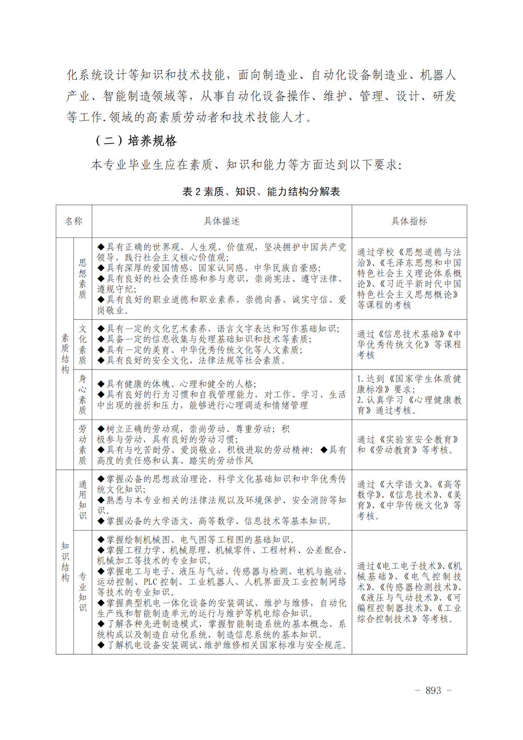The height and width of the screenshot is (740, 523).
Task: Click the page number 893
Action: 433,690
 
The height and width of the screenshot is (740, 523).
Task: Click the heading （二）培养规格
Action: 136,141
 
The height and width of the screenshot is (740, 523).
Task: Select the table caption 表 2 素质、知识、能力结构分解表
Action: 261,192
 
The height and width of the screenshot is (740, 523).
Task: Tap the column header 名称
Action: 74,221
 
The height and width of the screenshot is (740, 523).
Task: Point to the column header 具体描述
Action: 222,221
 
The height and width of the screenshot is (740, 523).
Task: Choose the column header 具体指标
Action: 409,221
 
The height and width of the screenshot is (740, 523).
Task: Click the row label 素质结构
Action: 65,354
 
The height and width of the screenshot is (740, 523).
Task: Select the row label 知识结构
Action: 65,562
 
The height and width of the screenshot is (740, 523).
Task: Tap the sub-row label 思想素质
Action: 83,278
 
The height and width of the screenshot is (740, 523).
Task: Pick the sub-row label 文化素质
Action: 83,344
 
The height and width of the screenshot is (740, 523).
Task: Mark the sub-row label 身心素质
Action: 83,395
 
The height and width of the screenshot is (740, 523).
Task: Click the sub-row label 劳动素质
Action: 83,444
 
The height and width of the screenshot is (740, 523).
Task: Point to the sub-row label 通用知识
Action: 83,500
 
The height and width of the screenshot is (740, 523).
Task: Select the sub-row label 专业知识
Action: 83,592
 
